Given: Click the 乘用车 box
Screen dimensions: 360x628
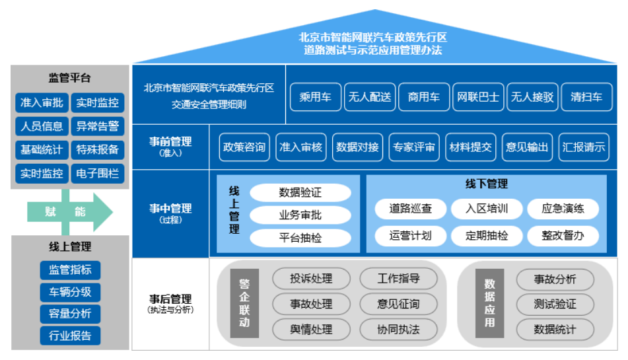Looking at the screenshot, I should (315, 97).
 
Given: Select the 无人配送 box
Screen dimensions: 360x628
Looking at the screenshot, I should (370, 97).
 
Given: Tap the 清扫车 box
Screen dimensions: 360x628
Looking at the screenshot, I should (586, 97).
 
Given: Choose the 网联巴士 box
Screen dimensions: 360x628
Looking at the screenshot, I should (478, 97).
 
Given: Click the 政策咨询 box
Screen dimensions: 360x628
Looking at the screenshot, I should (244, 147).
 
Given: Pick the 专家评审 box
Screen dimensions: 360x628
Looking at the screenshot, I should (413, 147).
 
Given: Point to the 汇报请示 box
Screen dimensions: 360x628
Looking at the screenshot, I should (583, 147).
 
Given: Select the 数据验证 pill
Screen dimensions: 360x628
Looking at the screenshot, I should (300, 193).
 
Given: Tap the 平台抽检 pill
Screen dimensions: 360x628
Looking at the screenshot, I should (300, 238).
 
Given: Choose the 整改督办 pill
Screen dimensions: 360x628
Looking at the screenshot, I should (563, 235).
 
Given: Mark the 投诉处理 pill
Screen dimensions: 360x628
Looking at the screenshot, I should (311, 279).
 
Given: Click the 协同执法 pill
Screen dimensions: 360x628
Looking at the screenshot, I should (398, 329).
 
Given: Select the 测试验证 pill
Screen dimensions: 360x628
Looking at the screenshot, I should (555, 304).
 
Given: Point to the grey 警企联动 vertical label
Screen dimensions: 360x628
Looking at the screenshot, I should (244, 303).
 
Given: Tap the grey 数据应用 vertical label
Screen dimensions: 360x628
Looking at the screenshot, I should (489, 303).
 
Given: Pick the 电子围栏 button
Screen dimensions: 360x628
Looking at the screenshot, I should (97, 174).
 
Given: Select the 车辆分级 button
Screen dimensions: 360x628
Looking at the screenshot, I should (70, 291).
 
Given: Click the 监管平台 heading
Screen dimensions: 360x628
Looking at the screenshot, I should (69, 78).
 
